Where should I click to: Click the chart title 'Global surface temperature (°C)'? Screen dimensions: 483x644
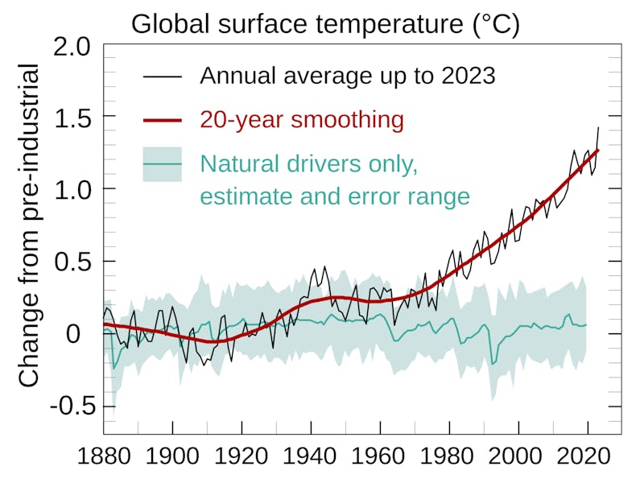pos(325,23)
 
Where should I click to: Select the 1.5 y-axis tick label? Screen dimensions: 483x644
pos(73,118)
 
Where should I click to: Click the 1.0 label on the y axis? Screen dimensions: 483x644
pos(73,190)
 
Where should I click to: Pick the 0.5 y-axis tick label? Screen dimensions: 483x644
pos(73,262)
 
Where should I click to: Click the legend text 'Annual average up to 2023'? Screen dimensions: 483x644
pos(347,76)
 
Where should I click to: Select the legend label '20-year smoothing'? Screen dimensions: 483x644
pos(301,120)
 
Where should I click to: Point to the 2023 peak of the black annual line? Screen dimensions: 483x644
pos(598,127)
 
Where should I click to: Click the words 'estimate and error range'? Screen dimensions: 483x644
pos(334,196)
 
